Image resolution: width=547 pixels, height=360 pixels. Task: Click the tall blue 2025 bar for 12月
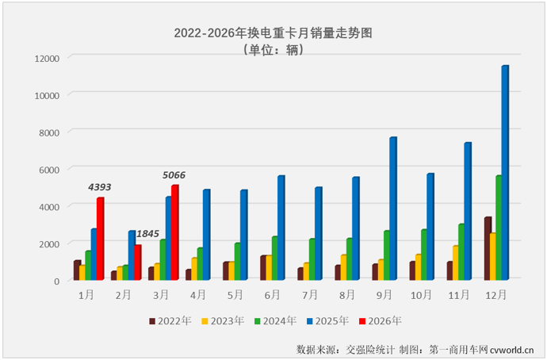coord(505,172)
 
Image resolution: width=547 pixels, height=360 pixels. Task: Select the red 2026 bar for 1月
coord(101,239)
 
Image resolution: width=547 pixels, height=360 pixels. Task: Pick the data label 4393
coord(99,187)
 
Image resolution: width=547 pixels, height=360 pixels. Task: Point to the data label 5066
coord(174,174)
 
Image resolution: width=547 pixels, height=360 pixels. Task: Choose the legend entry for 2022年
coord(169,321)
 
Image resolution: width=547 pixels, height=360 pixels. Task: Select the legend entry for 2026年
coord(379,321)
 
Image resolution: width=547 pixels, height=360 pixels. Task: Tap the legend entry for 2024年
coord(273,321)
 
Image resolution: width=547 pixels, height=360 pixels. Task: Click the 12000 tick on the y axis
coord(47,58)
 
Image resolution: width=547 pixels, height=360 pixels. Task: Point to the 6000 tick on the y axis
coord(49,169)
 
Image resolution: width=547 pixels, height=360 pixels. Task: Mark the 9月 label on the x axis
coord(384,294)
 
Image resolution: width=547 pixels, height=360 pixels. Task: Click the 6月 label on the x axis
coord(272,294)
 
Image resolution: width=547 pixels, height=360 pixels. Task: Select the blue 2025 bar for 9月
coord(392,209)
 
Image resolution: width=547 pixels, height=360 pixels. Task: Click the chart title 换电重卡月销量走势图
coord(273,33)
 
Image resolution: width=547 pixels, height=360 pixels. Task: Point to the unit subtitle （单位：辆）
coord(273,50)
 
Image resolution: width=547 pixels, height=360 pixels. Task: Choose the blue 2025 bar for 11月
coord(468,211)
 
